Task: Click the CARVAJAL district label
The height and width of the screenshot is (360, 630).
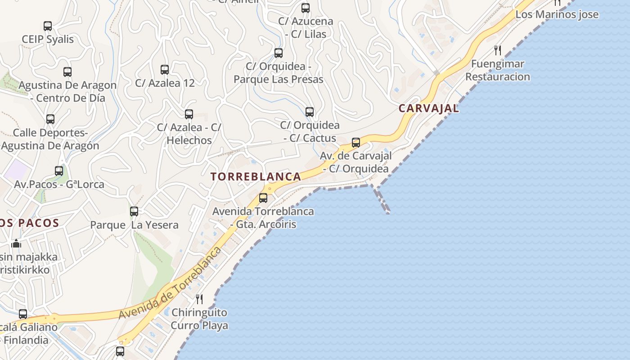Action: (x=428, y=108)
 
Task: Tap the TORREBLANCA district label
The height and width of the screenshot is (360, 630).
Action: (x=256, y=176)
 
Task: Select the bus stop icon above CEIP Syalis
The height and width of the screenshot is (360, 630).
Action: (x=48, y=26)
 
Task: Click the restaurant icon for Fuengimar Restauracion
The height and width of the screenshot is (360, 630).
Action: (x=498, y=50)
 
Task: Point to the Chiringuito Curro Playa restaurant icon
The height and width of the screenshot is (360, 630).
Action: (x=199, y=299)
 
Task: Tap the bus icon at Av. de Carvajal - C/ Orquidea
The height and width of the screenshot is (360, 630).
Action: (x=356, y=143)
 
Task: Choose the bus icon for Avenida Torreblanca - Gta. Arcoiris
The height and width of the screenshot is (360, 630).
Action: (x=263, y=198)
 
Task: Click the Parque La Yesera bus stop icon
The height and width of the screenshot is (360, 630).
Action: (x=134, y=211)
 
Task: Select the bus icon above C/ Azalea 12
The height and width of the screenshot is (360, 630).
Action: (x=165, y=69)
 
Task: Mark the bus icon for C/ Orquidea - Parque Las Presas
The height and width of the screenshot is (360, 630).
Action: (x=279, y=53)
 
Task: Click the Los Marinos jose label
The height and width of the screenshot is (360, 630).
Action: (x=557, y=14)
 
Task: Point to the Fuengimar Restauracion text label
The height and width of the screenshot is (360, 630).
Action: (x=498, y=70)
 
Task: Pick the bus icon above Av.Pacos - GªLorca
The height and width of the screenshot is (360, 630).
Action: (x=59, y=171)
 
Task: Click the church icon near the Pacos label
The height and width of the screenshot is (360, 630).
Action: (x=16, y=243)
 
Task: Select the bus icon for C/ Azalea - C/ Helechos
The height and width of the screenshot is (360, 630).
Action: (x=189, y=114)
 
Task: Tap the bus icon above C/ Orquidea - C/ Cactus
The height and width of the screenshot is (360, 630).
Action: (x=310, y=112)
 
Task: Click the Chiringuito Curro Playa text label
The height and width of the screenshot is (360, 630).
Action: (x=199, y=319)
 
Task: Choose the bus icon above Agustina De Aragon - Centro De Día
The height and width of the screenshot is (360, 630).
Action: (x=67, y=72)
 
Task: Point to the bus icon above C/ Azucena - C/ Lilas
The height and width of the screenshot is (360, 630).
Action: (x=306, y=8)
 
